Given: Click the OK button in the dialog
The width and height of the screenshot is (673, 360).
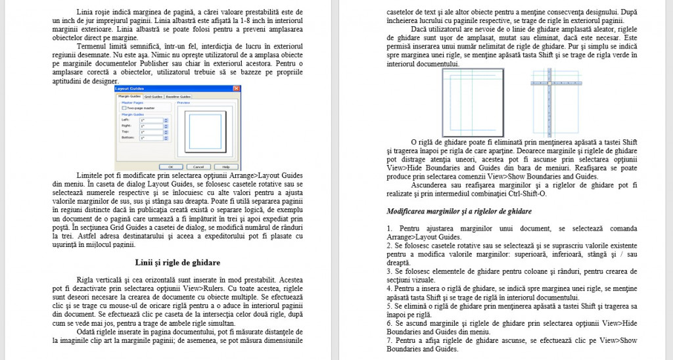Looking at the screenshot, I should [171, 166].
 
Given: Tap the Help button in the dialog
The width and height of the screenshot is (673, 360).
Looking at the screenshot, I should [225, 166].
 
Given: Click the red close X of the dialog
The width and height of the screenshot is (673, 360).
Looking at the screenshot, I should [236, 89].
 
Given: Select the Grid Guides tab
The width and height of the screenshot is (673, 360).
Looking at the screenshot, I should [153, 97].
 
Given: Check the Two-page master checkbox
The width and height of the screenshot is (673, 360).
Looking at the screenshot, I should [124, 108].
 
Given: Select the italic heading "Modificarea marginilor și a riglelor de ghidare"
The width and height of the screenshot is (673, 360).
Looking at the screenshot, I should [459, 212].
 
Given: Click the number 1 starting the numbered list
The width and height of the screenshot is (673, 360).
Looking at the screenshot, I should [389, 228].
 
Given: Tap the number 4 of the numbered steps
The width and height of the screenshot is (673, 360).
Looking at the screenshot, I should [389, 288].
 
